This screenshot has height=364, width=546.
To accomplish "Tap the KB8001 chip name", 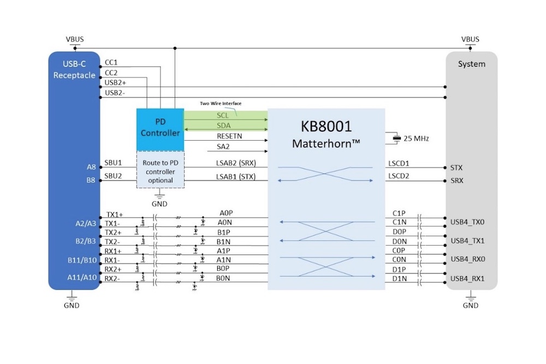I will point(326,127).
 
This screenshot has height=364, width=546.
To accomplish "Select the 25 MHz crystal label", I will point(416,139).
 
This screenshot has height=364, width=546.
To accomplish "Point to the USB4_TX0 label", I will point(467,222).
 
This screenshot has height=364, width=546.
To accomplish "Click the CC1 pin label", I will point(111,63).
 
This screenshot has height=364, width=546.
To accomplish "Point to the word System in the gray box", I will point(471,64).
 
